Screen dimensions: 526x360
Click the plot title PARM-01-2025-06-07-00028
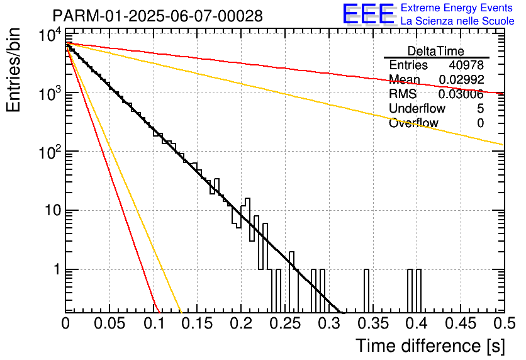pos(158,16)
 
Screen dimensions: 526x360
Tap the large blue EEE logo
pos(369,14)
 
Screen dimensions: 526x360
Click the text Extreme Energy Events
pos(457,8)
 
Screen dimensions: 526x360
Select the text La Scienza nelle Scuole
pos(457,21)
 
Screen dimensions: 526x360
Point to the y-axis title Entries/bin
pos(13,70)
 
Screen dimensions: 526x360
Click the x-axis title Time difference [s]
pos(430,346)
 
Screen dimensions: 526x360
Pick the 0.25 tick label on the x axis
pos(285,323)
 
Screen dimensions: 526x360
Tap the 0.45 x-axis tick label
pos(461,323)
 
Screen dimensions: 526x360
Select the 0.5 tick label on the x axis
pos(505,323)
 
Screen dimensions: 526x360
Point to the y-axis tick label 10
pos(53,211)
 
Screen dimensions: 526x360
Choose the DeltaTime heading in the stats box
pos(436,51)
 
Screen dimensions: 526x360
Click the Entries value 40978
pos(466,65)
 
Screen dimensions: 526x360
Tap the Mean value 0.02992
pos(461,79)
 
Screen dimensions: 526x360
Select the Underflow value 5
pos(480,108)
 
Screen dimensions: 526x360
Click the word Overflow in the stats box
pos(413,123)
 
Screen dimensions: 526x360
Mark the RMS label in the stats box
pos(403,94)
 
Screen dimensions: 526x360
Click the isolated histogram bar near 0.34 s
pos(366,291)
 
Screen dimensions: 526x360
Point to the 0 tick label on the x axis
pos(65,323)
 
